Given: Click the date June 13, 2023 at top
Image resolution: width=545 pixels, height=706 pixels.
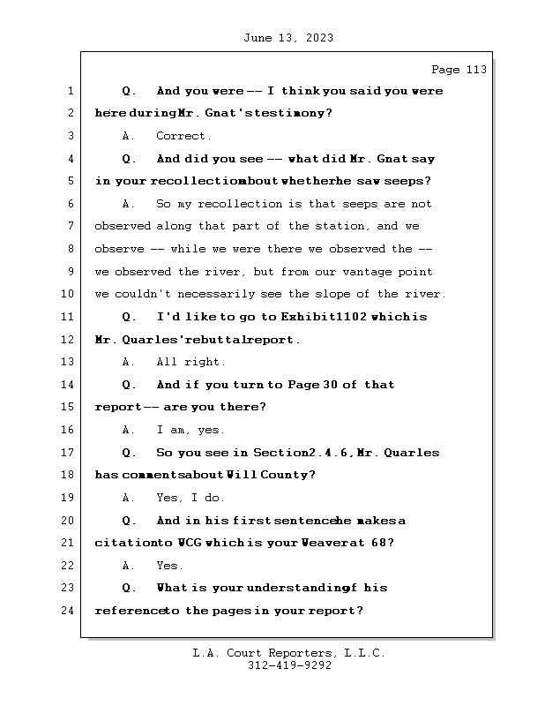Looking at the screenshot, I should coord(287,37).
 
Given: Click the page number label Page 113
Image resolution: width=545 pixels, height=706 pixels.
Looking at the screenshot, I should coord(459,70).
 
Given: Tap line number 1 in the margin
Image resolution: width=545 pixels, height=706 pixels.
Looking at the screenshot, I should coord(69,91).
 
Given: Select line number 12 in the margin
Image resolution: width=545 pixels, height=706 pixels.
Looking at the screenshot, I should coord(67,339).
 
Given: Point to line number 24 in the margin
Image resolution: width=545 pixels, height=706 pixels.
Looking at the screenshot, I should coord(67,611).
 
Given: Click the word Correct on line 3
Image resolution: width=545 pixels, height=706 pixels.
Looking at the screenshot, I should coord(183,136).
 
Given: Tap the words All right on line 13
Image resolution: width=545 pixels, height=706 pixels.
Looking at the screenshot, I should coord(190,362).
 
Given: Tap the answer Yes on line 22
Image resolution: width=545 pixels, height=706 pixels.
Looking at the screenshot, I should coord(169,566).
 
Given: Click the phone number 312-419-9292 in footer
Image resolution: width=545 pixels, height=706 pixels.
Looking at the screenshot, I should coord(288,666).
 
